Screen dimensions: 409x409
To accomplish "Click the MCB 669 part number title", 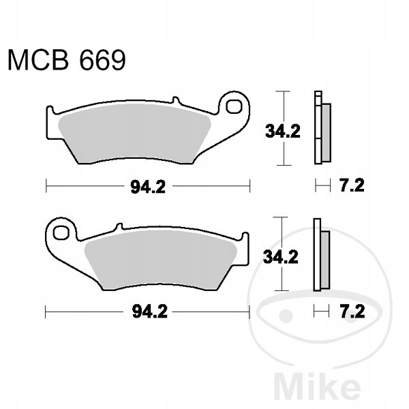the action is pyautogui.click(x=67, y=61).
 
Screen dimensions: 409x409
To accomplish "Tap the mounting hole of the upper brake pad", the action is pyautogui.click(x=234, y=106).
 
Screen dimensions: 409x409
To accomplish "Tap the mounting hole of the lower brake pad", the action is pyautogui.click(x=61, y=232).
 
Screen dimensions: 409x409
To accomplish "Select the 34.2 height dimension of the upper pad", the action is pyautogui.click(x=283, y=131).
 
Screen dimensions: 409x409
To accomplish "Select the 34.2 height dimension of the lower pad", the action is pyautogui.click(x=281, y=257).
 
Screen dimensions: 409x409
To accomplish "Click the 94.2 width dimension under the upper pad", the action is pyautogui.click(x=148, y=187).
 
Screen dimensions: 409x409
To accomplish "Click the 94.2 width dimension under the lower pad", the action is pyautogui.click(x=150, y=312).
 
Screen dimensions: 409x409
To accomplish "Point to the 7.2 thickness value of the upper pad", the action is pyautogui.click(x=352, y=185).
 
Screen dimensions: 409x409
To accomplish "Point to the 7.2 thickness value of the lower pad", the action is pyautogui.click(x=352, y=312).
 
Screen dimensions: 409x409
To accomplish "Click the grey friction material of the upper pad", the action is pyautogui.click(x=134, y=133).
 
